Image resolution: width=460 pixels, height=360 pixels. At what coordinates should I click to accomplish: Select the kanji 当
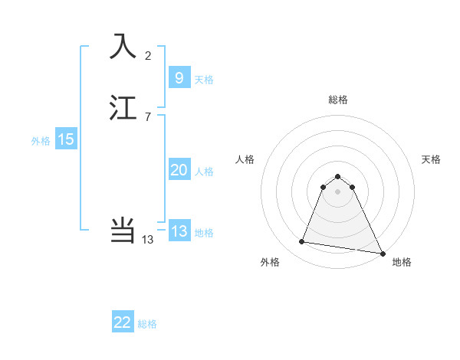coord(123,231)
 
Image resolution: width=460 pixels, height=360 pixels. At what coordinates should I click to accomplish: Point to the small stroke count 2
coord(148,55)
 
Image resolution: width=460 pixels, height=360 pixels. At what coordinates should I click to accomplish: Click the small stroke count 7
coord(148,116)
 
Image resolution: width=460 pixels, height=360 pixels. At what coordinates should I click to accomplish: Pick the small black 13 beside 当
coord(148,240)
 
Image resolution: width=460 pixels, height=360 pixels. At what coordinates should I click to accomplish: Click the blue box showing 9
coord(179,78)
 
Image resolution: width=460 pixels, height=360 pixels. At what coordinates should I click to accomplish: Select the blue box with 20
coord(179,170)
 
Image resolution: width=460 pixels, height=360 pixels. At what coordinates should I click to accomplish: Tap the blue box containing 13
coord(179,231)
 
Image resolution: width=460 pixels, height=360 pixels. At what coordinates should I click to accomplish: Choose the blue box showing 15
coord(66,139)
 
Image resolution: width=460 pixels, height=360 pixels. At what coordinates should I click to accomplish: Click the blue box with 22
coord(123,322)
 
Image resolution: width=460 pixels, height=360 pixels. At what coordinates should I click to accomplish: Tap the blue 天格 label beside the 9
coord(204,80)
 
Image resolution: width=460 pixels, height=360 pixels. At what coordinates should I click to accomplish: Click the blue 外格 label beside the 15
coord(41,141)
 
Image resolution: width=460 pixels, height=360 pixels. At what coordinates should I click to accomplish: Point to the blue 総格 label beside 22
coord(147,324)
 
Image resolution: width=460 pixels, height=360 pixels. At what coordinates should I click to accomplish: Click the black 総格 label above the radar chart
coord(337,100)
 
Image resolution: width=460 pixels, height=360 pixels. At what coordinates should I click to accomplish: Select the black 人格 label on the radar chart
coord(245,159)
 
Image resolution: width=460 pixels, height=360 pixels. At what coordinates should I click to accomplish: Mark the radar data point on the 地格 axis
coord(382,254)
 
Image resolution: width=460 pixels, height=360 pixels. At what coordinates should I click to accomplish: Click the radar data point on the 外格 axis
coord(301,242)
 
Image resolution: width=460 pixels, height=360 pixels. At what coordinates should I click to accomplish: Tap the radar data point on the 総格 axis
coord(337,175)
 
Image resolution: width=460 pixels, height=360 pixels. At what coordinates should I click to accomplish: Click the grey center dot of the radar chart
coord(337,191)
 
